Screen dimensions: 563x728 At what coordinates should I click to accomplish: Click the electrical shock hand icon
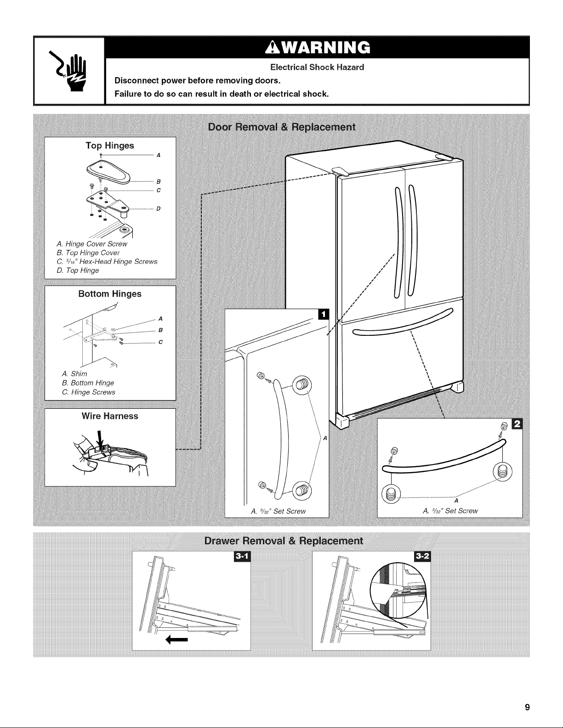click(68, 70)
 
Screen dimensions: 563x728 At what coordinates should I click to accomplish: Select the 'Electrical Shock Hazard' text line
click(317, 68)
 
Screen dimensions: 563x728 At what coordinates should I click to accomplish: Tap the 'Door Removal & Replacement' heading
click(281, 127)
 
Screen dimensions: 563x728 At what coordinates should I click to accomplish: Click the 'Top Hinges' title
click(110, 146)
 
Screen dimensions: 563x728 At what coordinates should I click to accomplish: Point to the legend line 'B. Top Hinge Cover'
click(88, 253)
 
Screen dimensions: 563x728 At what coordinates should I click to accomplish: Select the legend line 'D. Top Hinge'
click(78, 271)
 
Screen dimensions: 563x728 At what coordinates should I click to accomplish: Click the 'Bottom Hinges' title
click(110, 294)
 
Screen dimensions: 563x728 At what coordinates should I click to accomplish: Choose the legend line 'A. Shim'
click(74, 374)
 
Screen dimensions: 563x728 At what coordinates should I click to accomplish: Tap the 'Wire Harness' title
click(110, 416)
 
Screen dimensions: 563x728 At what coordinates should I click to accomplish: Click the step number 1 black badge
click(324, 314)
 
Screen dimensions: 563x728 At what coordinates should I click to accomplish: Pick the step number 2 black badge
click(517, 424)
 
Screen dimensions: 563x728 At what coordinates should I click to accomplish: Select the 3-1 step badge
click(241, 557)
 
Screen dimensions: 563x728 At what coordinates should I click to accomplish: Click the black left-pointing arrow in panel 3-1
click(177, 640)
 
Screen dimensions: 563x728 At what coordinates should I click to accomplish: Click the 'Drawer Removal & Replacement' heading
click(284, 541)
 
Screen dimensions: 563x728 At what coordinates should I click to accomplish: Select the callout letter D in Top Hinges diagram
click(159, 209)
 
